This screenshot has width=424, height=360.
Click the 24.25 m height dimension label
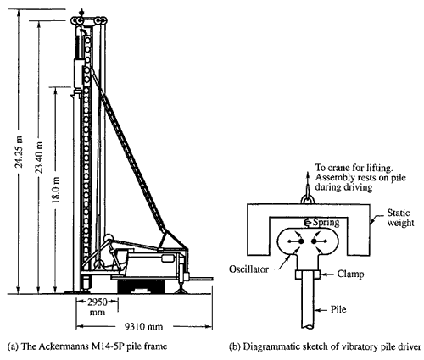20,152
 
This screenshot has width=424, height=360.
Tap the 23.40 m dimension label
40,157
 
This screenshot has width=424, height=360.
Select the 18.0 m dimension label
56,190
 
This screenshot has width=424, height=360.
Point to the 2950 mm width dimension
98,307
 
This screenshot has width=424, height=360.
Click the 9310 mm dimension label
144,327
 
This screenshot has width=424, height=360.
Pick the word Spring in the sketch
326,223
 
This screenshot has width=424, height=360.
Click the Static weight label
400,218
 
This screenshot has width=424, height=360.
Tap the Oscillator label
248,269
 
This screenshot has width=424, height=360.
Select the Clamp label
350,274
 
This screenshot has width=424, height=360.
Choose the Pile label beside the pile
338,309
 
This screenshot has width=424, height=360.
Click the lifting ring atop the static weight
307,198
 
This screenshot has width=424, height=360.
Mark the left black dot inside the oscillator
301,241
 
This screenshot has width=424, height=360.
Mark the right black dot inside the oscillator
314,241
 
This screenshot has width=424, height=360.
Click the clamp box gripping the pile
308,274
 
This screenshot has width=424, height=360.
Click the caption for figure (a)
87,346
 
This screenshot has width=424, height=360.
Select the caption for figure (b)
325,346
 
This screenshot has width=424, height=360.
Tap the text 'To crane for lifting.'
354,168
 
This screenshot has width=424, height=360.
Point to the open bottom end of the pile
308,326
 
